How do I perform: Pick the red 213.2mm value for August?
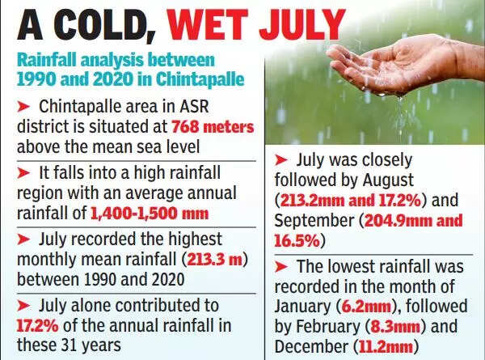click(310, 199)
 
